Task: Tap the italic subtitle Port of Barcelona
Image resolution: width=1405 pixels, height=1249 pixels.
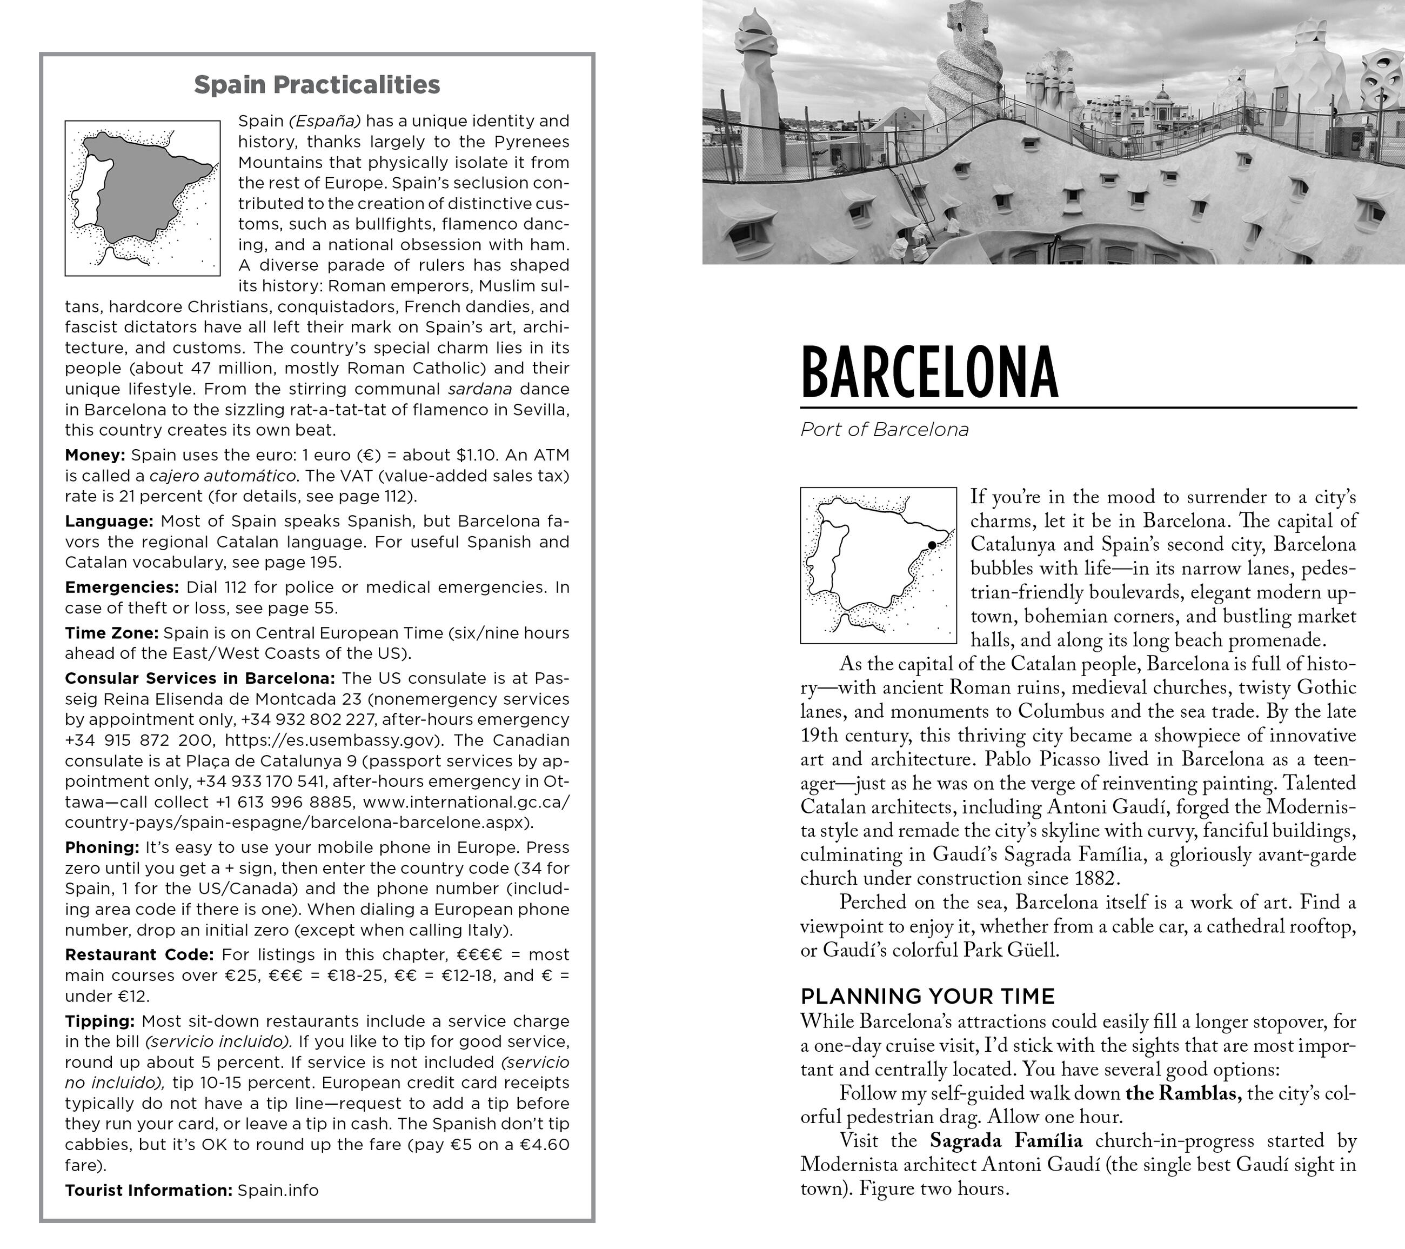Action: pos(884,430)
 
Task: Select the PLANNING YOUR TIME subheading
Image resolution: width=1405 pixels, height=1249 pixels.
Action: pos(927,996)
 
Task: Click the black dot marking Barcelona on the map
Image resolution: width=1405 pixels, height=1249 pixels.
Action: pos(932,545)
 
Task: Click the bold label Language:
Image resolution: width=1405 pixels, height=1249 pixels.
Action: pos(109,521)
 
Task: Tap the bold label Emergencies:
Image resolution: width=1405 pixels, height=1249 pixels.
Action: pos(122,587)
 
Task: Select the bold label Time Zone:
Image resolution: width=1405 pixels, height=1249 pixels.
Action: pos(111,632)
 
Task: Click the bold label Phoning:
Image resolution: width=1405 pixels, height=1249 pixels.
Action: pos(103,847)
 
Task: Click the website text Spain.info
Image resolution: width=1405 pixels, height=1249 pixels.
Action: pos(278,1191)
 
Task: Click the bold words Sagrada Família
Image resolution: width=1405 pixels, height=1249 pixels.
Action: pos(1006,1141)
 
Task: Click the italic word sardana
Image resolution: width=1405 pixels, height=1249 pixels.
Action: pos(480,389)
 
